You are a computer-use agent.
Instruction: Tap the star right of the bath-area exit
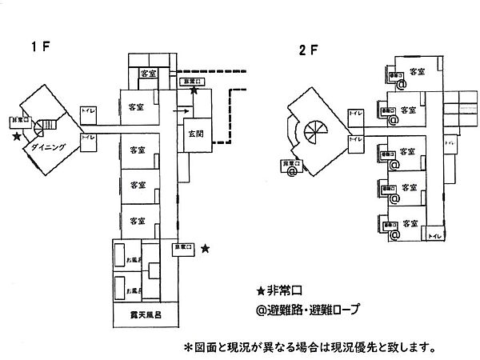coord(206,249)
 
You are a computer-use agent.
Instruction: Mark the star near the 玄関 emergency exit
coord(194,93)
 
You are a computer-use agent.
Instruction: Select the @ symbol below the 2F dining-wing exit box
coord(292,170)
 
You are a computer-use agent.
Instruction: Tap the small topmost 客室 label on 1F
coord(148,74)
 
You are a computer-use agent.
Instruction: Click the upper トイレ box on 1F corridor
coord(88,112)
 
